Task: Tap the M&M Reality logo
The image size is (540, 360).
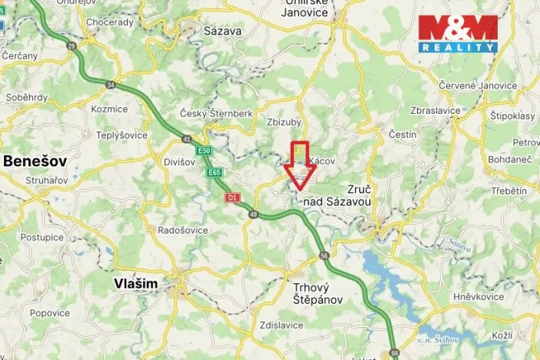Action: tap(458, 33)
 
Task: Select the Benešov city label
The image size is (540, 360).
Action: tap(35, 161)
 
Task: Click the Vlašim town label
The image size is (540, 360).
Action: tap(135, 284)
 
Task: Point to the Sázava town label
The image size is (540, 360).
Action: tap(223, 32)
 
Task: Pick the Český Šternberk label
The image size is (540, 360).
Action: tap(216, 114)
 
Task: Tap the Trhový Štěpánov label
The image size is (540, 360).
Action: tap(317, 294)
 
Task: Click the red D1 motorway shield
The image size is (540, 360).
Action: tap(232, 198)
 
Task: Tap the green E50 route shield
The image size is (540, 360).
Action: tap(203, 151)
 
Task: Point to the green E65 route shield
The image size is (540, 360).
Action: tap(215, 173)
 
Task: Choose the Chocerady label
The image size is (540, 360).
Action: tap(111, 23)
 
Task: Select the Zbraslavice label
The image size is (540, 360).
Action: tap(435, 111)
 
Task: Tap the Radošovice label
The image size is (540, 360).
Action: tap(183, 230)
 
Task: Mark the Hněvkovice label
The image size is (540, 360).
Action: tap(478, 296)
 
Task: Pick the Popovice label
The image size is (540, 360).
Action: tap(50, 313)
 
